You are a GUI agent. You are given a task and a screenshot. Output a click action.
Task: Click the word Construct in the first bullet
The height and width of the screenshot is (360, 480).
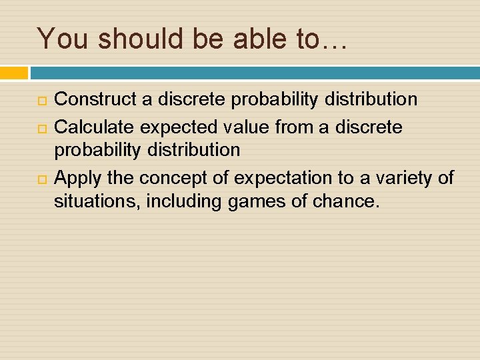92,100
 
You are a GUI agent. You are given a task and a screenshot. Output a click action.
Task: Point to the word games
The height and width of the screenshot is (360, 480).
252,201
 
